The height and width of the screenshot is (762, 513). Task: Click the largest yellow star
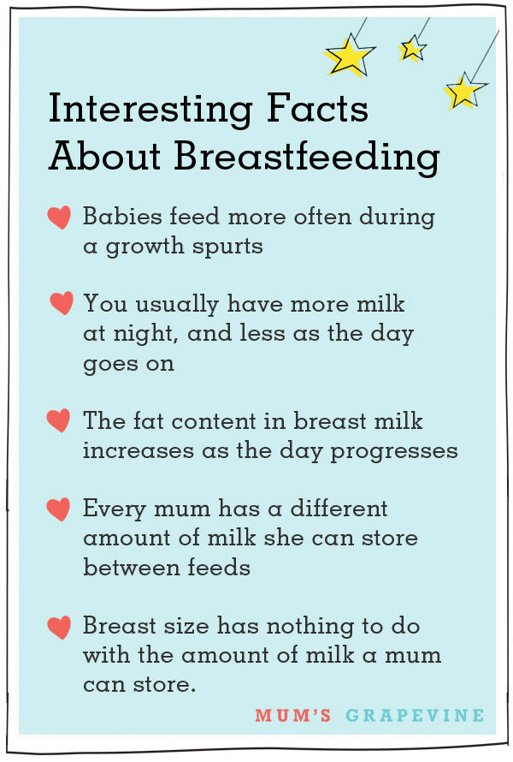tap(349, 57)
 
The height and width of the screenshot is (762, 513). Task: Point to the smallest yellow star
tap(412, 49)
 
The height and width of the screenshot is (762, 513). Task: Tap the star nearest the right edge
tap(463, 91)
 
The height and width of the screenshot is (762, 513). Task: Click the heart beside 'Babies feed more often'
tap(59, 218)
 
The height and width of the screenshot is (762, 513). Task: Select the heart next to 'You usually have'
tap(61, 303)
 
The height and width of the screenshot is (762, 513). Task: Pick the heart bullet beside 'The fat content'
tap(58, 420)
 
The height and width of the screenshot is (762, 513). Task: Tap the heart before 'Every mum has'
tap(59, 509)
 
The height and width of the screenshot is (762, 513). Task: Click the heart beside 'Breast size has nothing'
tap(59, 627)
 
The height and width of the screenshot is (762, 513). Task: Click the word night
tap(143, 334)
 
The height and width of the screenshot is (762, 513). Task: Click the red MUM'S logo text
tap(292, 715)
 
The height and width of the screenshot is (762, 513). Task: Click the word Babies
tap(120, 217)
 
